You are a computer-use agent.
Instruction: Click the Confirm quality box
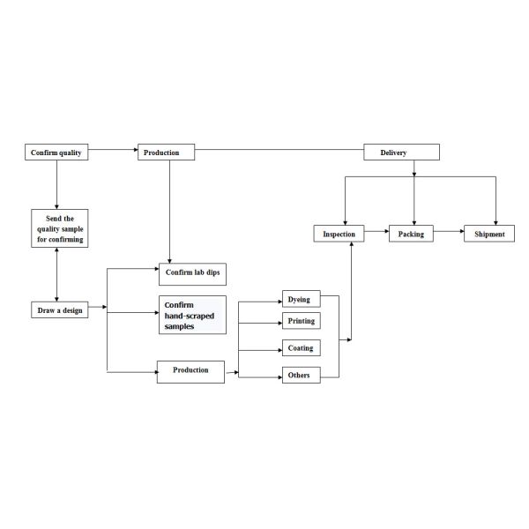pos(56,153)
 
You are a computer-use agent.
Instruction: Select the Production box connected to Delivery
pos(168,153)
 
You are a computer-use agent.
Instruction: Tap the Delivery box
pos(401,153)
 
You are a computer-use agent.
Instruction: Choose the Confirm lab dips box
pos(192,273)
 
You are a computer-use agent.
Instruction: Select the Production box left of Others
pos(190,370)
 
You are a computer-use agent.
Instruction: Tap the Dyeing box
pos(300,300)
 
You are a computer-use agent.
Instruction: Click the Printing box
pos(300,321)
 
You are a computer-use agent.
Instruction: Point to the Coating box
pos(300,347)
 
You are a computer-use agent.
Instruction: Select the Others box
pos(300,376)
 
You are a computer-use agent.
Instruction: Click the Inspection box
pos(339,234)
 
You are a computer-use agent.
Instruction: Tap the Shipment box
pos(490,234)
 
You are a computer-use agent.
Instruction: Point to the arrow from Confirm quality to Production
pos(114,151)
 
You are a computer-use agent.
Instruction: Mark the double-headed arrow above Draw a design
pos(57,273)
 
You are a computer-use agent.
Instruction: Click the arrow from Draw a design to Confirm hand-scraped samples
pos(132,310)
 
